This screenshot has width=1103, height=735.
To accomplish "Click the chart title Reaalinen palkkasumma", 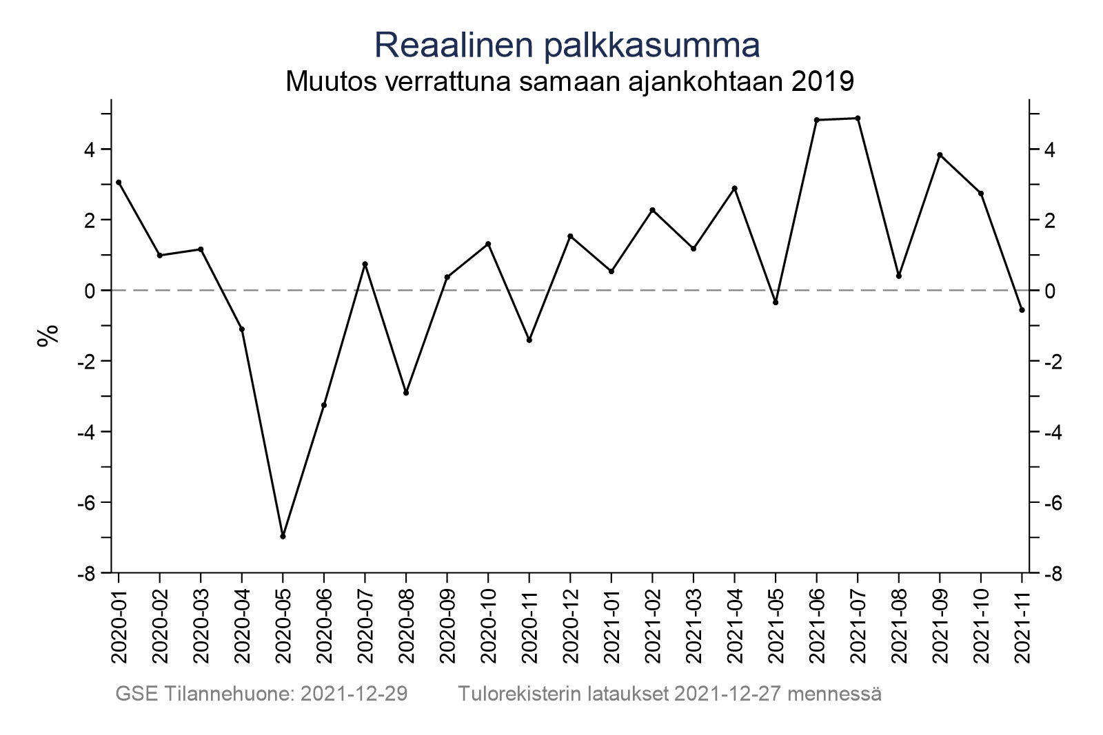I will pos(567,45).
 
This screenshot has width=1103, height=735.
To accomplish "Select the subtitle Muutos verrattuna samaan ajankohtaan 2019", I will pos(569,82).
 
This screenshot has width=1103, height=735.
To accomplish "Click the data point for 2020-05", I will pos(283,536).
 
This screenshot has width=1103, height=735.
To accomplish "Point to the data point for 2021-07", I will pos(858,118).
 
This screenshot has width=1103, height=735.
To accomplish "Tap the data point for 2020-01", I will pos(119,183).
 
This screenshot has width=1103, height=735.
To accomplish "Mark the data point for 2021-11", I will pos(1022,310).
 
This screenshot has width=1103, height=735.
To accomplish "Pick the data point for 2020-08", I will pos(406,393).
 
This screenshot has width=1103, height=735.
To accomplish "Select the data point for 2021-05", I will pos(776,302).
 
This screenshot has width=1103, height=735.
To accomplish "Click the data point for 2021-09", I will pos(940,155).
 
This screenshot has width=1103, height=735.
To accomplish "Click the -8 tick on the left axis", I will pos(89,573).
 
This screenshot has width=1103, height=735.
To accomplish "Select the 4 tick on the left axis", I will pos(90,149).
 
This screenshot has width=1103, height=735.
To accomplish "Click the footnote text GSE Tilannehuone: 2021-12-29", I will pos(261,694).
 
